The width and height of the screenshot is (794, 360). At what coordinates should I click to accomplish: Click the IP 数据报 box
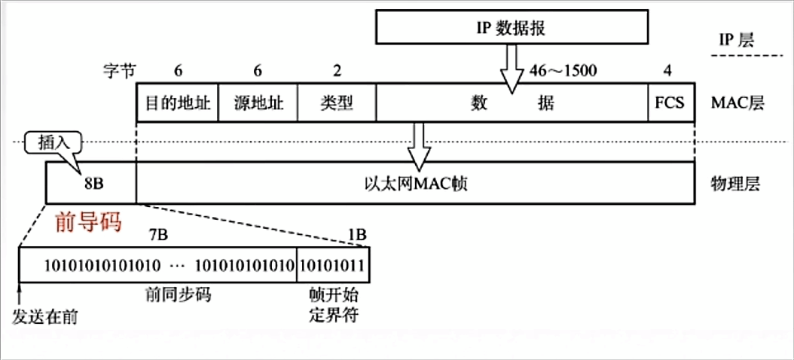512,29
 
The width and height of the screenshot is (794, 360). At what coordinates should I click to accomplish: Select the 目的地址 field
177,102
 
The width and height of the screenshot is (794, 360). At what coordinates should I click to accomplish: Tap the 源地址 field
258,102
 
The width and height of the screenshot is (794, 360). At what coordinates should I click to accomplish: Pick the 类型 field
336,102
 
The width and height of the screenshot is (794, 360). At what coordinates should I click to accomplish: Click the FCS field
669,102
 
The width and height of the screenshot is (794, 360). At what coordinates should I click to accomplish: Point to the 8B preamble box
91,182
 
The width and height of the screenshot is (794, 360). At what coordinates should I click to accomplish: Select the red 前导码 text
88,224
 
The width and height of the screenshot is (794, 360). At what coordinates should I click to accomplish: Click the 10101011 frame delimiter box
333,265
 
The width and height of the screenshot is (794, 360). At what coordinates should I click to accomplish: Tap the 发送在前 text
45,316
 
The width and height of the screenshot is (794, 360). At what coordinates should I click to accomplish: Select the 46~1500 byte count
563,72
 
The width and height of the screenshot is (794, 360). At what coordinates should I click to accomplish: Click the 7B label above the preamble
158,235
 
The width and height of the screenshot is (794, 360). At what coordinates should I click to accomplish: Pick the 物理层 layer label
736,182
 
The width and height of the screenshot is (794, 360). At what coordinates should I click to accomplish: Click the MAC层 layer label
737,102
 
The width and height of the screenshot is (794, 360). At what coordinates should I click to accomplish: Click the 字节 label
118,72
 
